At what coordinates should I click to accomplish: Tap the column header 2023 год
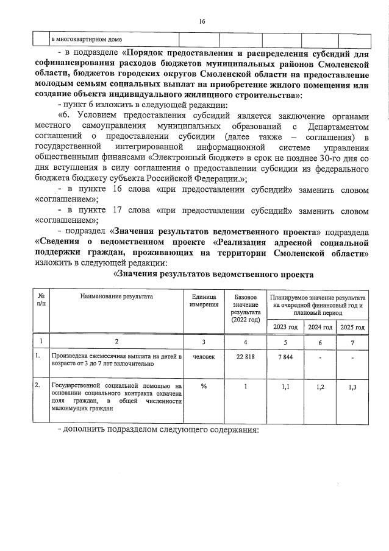point(285,327)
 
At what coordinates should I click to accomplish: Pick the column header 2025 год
point(352,327)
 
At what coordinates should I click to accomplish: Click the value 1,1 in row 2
point(285,386)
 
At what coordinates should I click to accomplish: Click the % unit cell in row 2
point(204,385)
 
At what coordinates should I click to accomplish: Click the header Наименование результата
point(116,296)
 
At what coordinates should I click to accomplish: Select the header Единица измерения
point(204,300)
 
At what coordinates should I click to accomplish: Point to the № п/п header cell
point(41,300)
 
